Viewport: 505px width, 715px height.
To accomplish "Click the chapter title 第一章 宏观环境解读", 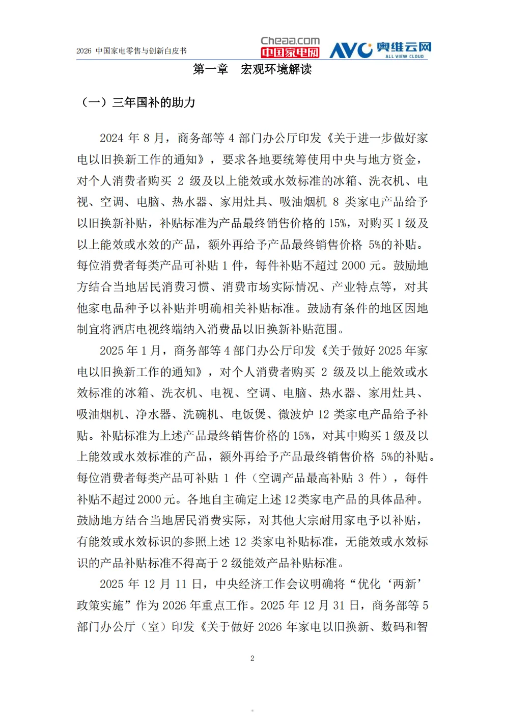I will coord(252,69).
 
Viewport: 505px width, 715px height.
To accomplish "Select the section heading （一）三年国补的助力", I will coord(137,102).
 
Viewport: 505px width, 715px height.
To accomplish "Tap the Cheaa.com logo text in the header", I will coord(290,41).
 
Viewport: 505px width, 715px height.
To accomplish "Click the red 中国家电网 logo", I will coord(290,52).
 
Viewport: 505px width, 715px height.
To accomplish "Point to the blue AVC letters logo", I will coord(351,50).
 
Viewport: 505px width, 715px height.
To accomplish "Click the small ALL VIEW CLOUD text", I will coord(404,57).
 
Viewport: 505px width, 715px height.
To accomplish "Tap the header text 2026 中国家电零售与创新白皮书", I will coord(131,51).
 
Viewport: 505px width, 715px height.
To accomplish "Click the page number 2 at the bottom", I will coord(252,658).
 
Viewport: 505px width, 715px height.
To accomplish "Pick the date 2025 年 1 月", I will coord(130,351).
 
